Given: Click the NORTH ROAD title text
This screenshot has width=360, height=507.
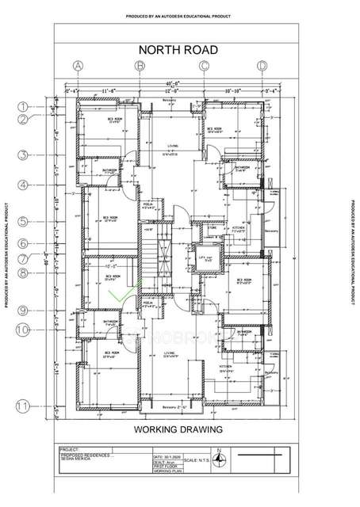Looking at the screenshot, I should tap(179, 49).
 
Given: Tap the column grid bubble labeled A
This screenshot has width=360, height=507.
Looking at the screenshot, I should tap(78, 67).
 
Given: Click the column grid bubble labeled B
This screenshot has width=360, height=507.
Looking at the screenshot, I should tap(140, 67).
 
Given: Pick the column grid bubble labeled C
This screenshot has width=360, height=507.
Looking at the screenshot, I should tap(204, 67).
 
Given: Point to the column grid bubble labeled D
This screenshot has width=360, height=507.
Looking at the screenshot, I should tap(262, 67).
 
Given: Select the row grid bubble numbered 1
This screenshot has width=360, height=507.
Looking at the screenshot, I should tap(24, 105).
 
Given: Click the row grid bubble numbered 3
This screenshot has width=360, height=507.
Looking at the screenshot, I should tap(24, 155).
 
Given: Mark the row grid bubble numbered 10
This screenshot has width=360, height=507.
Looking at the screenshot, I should tap(24, 327).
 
